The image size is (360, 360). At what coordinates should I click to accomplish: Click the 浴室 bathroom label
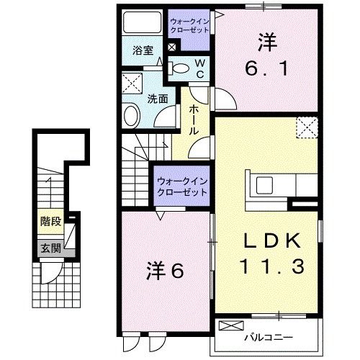(143, 50)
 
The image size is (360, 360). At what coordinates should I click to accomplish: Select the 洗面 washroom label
(157, 100)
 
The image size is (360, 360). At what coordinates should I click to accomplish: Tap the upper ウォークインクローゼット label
(189, 27)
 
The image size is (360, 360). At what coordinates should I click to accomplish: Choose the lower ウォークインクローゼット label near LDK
(181, 187)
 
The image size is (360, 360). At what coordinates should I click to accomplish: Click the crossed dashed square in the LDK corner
(307, 128)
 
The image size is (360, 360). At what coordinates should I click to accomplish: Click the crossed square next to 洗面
(131, 83)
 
